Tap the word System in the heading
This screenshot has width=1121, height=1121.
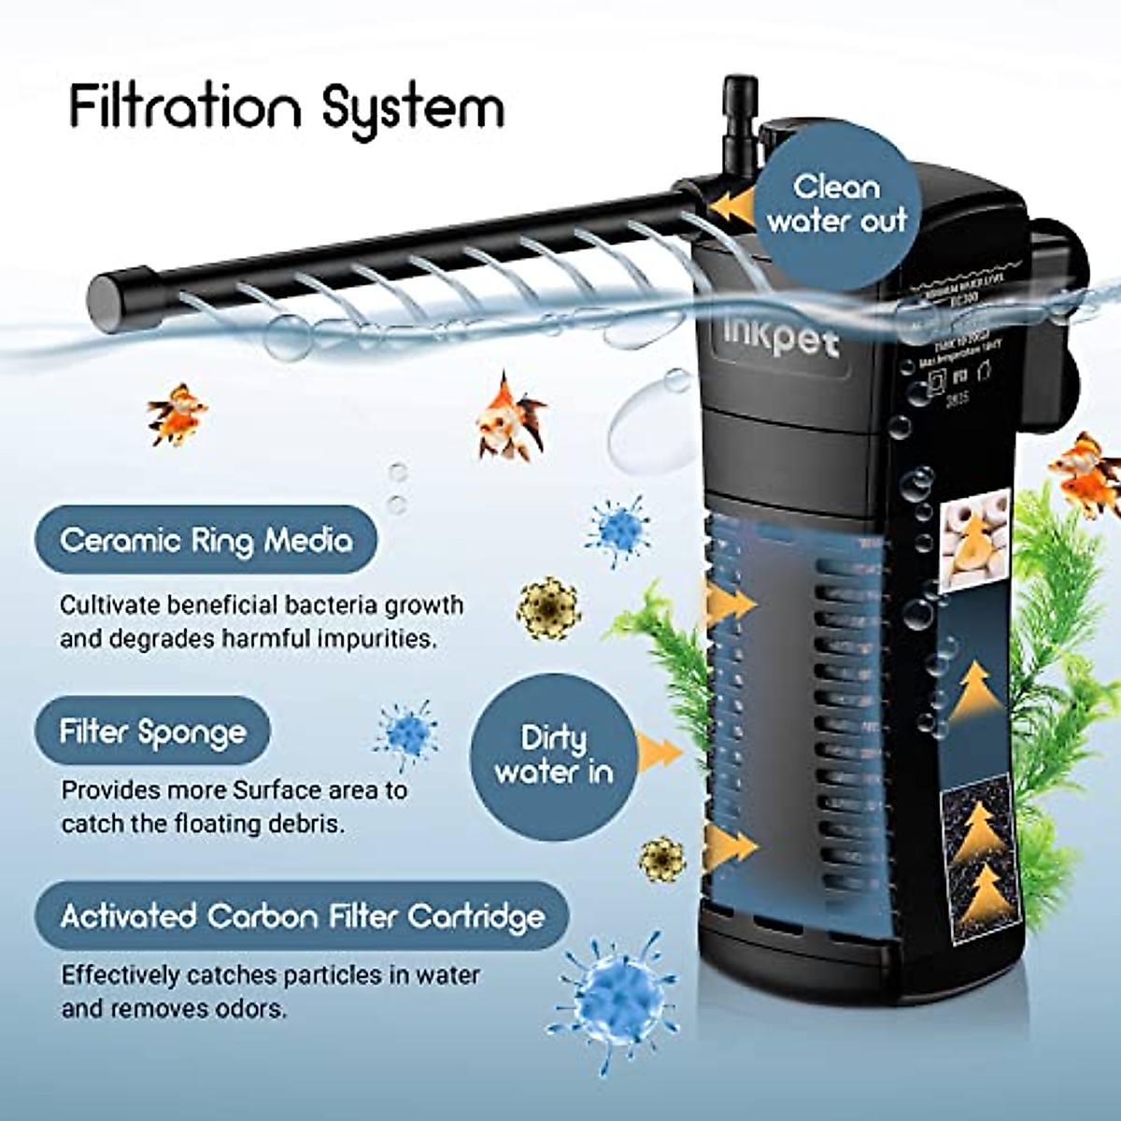click(x=412, y=109)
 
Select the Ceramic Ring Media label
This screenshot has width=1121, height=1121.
click(x=206, y=540)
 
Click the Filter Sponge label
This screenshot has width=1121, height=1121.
click(x=152, y=731)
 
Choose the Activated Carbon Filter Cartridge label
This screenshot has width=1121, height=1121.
click(x=302, y=915)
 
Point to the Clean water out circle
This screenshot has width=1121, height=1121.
click(x=837, y=205)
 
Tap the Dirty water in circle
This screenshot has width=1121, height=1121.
click(x=553, y=756)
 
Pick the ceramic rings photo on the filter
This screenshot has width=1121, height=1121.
click(x=974, y=540)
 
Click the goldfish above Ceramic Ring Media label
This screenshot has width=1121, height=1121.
click(x=176, y=414)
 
